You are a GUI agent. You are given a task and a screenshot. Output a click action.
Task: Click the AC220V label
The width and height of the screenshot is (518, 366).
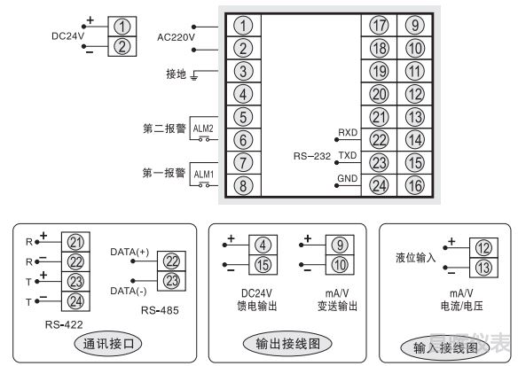pyautogui.click(x=176, y=37)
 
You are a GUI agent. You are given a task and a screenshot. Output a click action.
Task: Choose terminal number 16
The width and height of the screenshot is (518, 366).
pyautogui.click(x=414, y=185)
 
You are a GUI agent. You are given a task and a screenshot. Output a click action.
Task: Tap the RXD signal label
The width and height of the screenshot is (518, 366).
pyautogui.click(x=347, y=132)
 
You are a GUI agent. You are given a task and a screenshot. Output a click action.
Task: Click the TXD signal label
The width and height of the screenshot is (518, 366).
pyautogui.click(x=347, y=155)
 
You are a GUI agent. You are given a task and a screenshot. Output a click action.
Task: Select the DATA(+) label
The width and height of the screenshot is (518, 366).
pyautogui.click(x=129, y=253)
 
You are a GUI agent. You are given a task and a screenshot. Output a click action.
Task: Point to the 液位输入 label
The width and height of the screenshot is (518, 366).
pyautogui.click(x=415, y=257)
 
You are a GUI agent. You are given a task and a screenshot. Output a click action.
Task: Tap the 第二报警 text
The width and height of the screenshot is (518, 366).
pyautogui.click(x=163, y=127)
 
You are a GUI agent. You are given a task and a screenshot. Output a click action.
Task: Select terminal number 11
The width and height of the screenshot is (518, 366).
pyautogui.click(x=414, y=72)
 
